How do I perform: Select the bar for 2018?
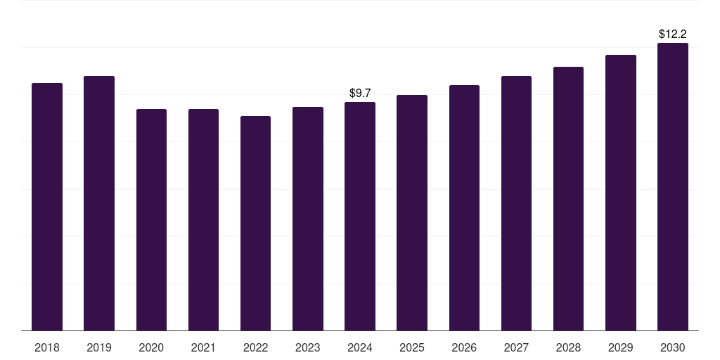coord(47,207)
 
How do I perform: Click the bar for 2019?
coord(99,203)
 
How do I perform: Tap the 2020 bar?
coord(151,219)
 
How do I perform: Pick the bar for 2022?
coord(255,223)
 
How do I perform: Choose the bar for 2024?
coord(360,216)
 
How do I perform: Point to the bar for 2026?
coord(464,207)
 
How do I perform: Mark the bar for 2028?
coord(568,198)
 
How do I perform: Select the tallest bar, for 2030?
coord(673,186)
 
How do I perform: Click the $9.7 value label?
coord(360,93)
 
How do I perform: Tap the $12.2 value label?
coord(673,34)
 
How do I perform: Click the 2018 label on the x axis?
coord(47,347)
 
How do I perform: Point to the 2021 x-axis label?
coord(203,347)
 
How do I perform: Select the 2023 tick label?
coord(308,347)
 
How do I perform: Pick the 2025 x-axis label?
coord(412,347)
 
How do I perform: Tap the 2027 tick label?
coord(516,347)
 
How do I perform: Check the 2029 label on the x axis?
coord(621,347)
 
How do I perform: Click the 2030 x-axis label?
coord(673,347)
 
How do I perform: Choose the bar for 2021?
coord(203,219)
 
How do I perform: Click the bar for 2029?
coord(621,193)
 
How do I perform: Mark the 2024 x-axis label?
coord(360,347)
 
